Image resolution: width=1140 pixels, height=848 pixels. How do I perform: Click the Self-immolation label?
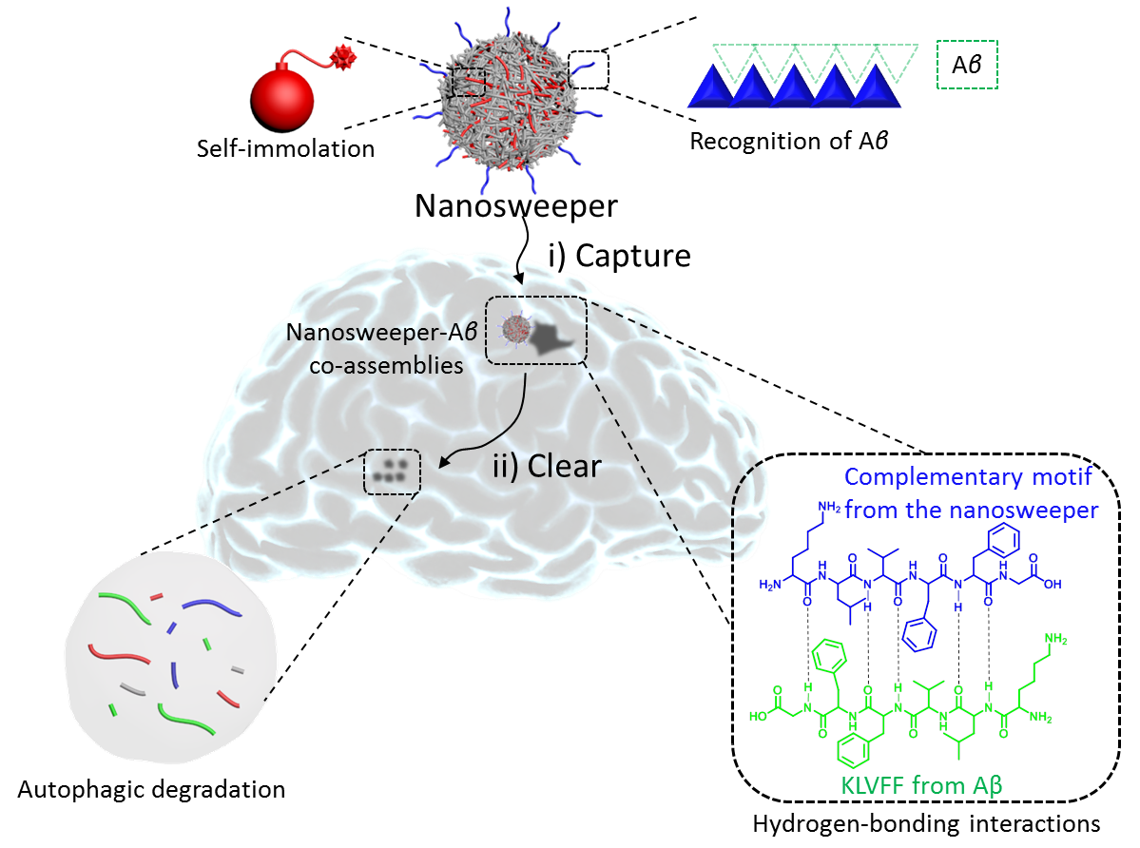[286, 149]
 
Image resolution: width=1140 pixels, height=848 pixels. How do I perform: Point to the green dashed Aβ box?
[967, 66]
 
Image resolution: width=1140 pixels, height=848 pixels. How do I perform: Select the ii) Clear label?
[547, 467]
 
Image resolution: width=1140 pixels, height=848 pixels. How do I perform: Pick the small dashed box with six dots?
[392, 469]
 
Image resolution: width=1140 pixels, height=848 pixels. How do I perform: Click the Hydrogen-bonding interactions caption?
[927, 823]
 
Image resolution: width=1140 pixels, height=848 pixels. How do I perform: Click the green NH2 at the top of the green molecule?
[1056, 638]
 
